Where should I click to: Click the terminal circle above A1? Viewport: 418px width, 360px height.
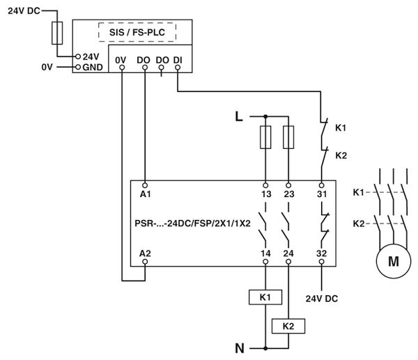pos(145,185)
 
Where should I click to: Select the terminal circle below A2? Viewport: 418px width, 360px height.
pos(145,262)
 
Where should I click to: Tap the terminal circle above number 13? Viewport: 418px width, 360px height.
pos(265,185)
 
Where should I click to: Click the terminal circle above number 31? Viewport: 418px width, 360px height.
pos(321,185)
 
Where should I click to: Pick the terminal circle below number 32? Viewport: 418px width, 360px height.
pos(321,262)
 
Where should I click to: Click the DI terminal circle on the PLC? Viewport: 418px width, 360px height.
pos(178,68)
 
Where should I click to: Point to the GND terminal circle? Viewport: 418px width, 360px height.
pos(78,67)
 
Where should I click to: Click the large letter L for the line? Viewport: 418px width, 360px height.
pos(239,117)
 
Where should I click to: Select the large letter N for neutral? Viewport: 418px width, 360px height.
pos(240,348)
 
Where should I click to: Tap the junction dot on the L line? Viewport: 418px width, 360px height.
pos(265,116)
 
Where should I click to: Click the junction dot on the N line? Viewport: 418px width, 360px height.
pos(265,348)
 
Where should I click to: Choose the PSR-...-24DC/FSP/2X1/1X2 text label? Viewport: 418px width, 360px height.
pos(192,224)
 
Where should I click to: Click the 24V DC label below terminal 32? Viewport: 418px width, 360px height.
pos(322,299)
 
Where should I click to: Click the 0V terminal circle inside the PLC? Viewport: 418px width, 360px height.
pos(122,68)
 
